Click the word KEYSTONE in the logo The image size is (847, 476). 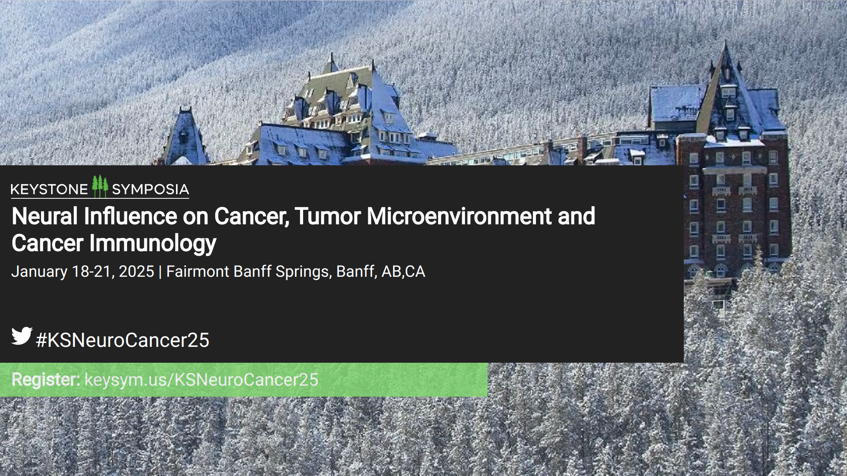[49, 190]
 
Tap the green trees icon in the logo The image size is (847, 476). [100, 186]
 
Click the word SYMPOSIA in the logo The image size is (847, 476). [150, 190]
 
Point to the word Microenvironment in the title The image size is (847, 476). [459, 216]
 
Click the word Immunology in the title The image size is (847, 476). [153, 244]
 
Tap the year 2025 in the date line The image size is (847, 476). [136, 271]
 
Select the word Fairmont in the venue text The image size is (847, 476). [198, 271]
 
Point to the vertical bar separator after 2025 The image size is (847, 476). [160, 272]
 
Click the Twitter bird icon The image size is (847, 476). [22, 336]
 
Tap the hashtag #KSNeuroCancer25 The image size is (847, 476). [123, 340]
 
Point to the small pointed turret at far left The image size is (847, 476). [185, 134]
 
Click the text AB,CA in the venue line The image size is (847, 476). [403, 272]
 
